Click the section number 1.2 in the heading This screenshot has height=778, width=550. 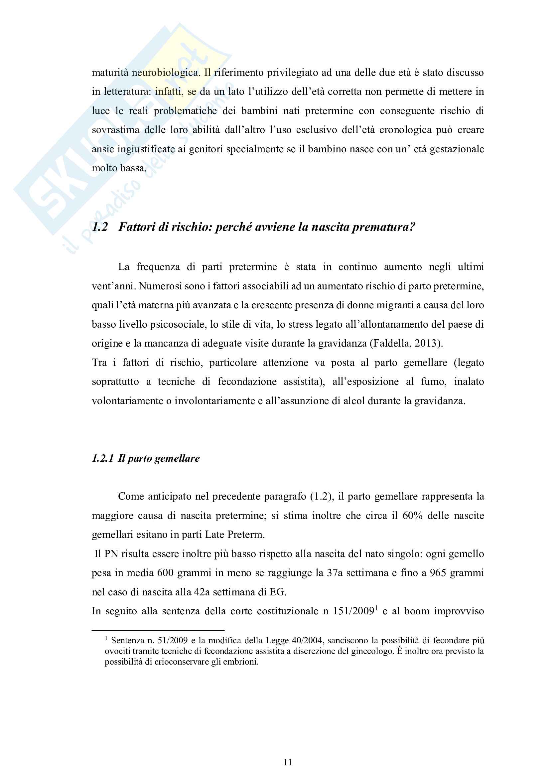[100, 227]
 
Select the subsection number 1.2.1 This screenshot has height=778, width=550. [103, 458]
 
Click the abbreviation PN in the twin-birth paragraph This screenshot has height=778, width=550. [111, 554]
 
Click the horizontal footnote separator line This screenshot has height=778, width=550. [158, 631]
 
